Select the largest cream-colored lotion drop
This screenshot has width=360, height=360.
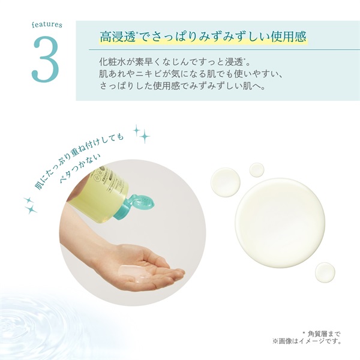click(280, 214)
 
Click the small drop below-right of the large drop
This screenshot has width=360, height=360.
click(325, 271)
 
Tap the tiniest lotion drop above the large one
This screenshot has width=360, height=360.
click(257, 170)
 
